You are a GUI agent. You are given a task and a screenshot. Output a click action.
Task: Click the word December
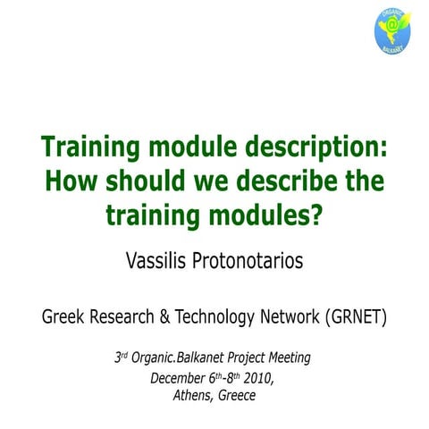(178, 377)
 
